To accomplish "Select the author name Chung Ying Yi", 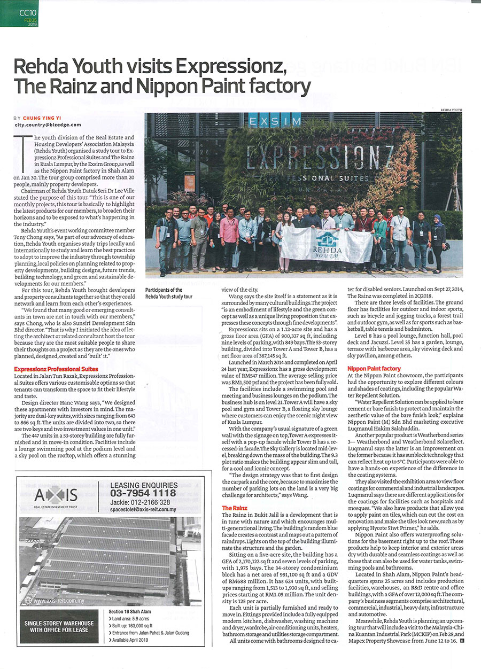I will point(45,118).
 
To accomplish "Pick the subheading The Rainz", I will point(234,508).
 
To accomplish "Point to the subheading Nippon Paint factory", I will point(374,369).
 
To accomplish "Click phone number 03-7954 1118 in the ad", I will point(143,493).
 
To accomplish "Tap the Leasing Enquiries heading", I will point(143,484).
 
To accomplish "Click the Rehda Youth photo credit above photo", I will point(449,110).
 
